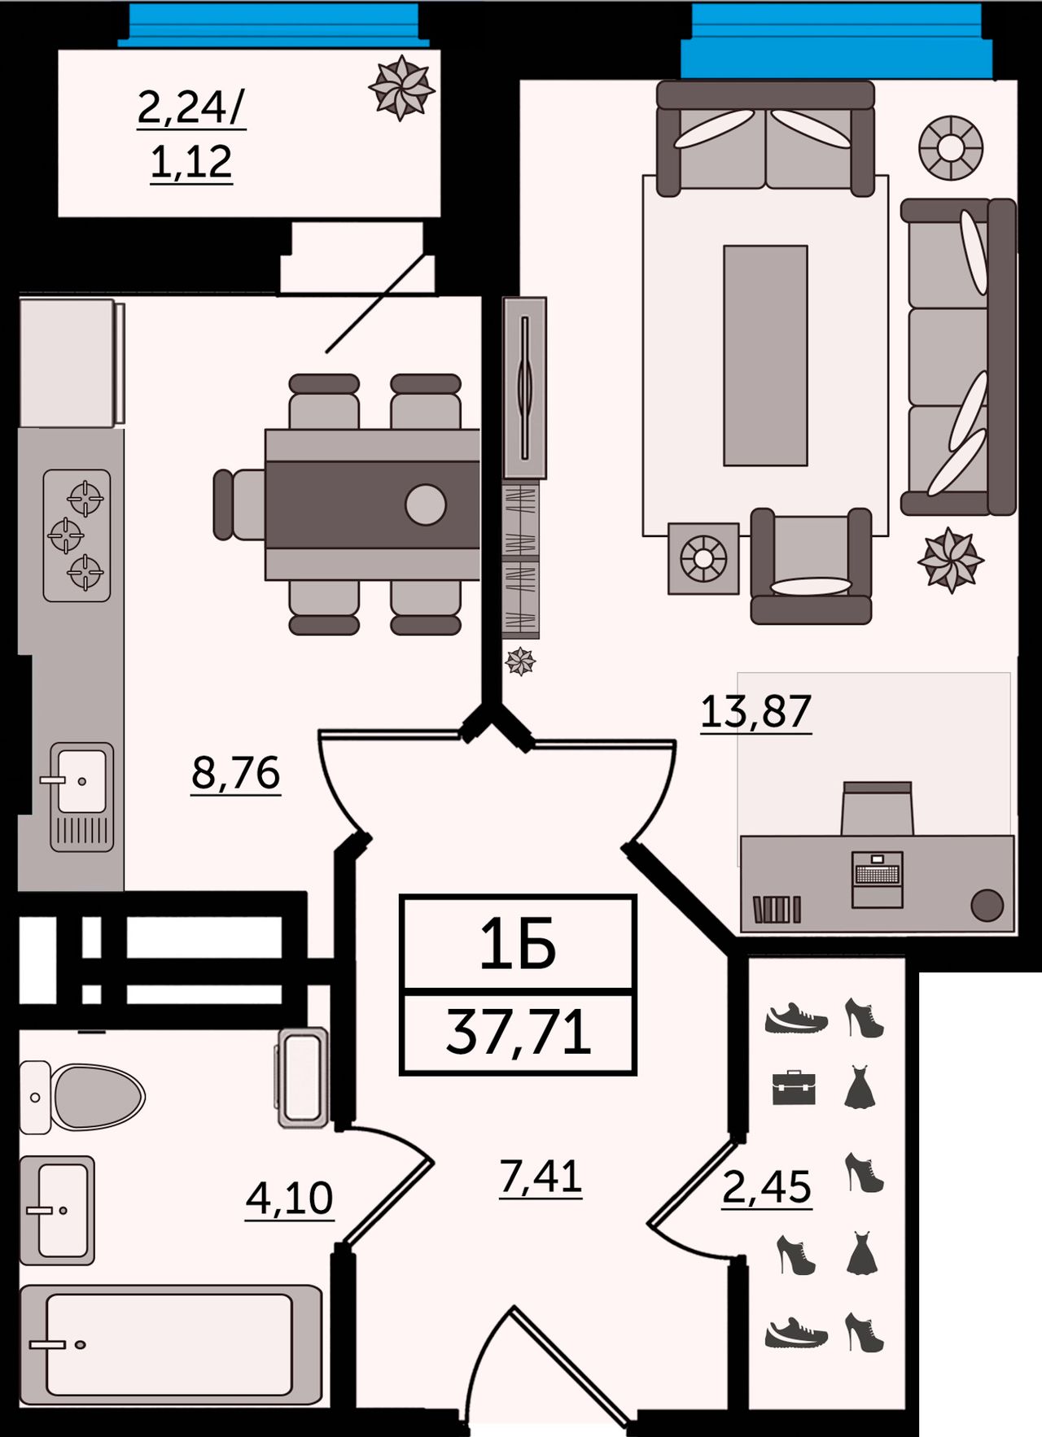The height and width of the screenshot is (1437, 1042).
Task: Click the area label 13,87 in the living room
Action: pyautogui.click(x=755, y=711)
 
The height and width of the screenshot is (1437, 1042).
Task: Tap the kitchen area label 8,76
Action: pyautogui.click(x=236, y=773)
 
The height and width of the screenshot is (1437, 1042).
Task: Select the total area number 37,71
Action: pyautogui.click(x=519, y=1033)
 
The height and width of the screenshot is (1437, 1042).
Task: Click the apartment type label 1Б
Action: pyautogui.click(x=518, y=944)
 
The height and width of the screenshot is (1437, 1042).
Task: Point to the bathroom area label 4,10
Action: pyautogui.click(x=290, y=1198)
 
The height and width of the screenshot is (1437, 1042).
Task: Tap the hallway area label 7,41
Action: pyautogui.click(x=541, y=1176)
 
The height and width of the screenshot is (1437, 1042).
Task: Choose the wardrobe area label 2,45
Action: pyautogui.click(x=767, y=1187)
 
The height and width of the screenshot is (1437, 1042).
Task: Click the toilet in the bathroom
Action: pyautogui.click(x=81, y=1096)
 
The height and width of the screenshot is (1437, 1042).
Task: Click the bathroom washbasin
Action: pyautogui.click(x=57, y=1210)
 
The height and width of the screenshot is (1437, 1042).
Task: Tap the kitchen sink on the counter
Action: pyautogui.click(x=81, y=797)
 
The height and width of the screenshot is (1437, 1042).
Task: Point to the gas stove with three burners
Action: pyautogui.click(x=77, y=535)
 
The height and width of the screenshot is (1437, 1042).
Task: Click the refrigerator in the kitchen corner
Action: pyautogui.click(x=72, y=363)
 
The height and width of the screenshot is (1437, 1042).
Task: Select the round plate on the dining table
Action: pyautogui.click(x=425, y=504)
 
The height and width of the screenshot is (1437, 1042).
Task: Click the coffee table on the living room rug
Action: pyautogui.click(x=765, y=356)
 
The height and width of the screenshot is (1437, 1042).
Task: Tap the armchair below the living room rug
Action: pyautogui.click(x=811, y=566)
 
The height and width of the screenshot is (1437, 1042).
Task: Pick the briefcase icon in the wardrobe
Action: pyautogui.click(x=794, y=1088)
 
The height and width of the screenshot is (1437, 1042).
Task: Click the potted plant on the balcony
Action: pyautogui.click(x=401, y=88)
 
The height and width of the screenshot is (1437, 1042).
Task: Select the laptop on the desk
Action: pyautogui.click(x=878, y=879)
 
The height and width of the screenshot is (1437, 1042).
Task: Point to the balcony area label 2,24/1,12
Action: pyautogui.click(x=191, y=134)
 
